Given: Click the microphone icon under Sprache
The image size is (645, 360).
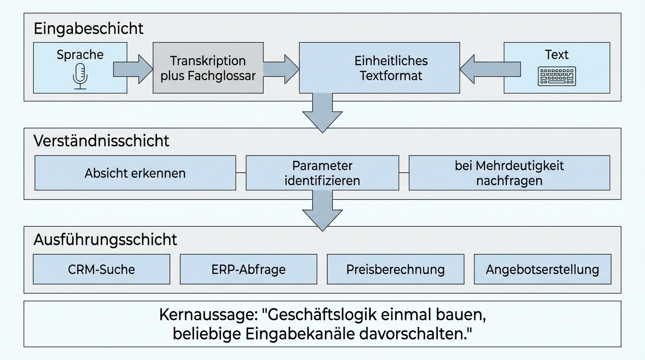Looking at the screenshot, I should click(80, 76).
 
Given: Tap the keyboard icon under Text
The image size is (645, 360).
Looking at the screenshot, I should click(556, 76).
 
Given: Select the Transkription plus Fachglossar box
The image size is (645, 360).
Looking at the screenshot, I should click(208, 68).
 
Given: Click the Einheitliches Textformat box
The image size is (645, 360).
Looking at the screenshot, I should click(379, 68).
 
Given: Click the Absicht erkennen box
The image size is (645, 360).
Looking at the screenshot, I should click(135, 173).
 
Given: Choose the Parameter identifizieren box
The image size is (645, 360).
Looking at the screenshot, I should click(322, 173).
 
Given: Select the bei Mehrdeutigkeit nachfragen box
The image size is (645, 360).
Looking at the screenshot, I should click(509, 173).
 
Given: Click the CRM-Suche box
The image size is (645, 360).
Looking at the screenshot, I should click(101, 270).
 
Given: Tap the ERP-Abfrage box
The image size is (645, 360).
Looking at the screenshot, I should click(248, 270).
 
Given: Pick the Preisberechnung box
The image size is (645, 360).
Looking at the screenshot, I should click(395, 270).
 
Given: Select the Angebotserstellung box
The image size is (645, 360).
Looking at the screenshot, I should click(542, 270).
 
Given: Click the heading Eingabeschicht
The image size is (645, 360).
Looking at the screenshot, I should click(89, 29).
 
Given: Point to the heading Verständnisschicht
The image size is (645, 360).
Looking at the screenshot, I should click(101, 141).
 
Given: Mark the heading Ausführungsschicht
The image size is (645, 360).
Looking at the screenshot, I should click(105, 240).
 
